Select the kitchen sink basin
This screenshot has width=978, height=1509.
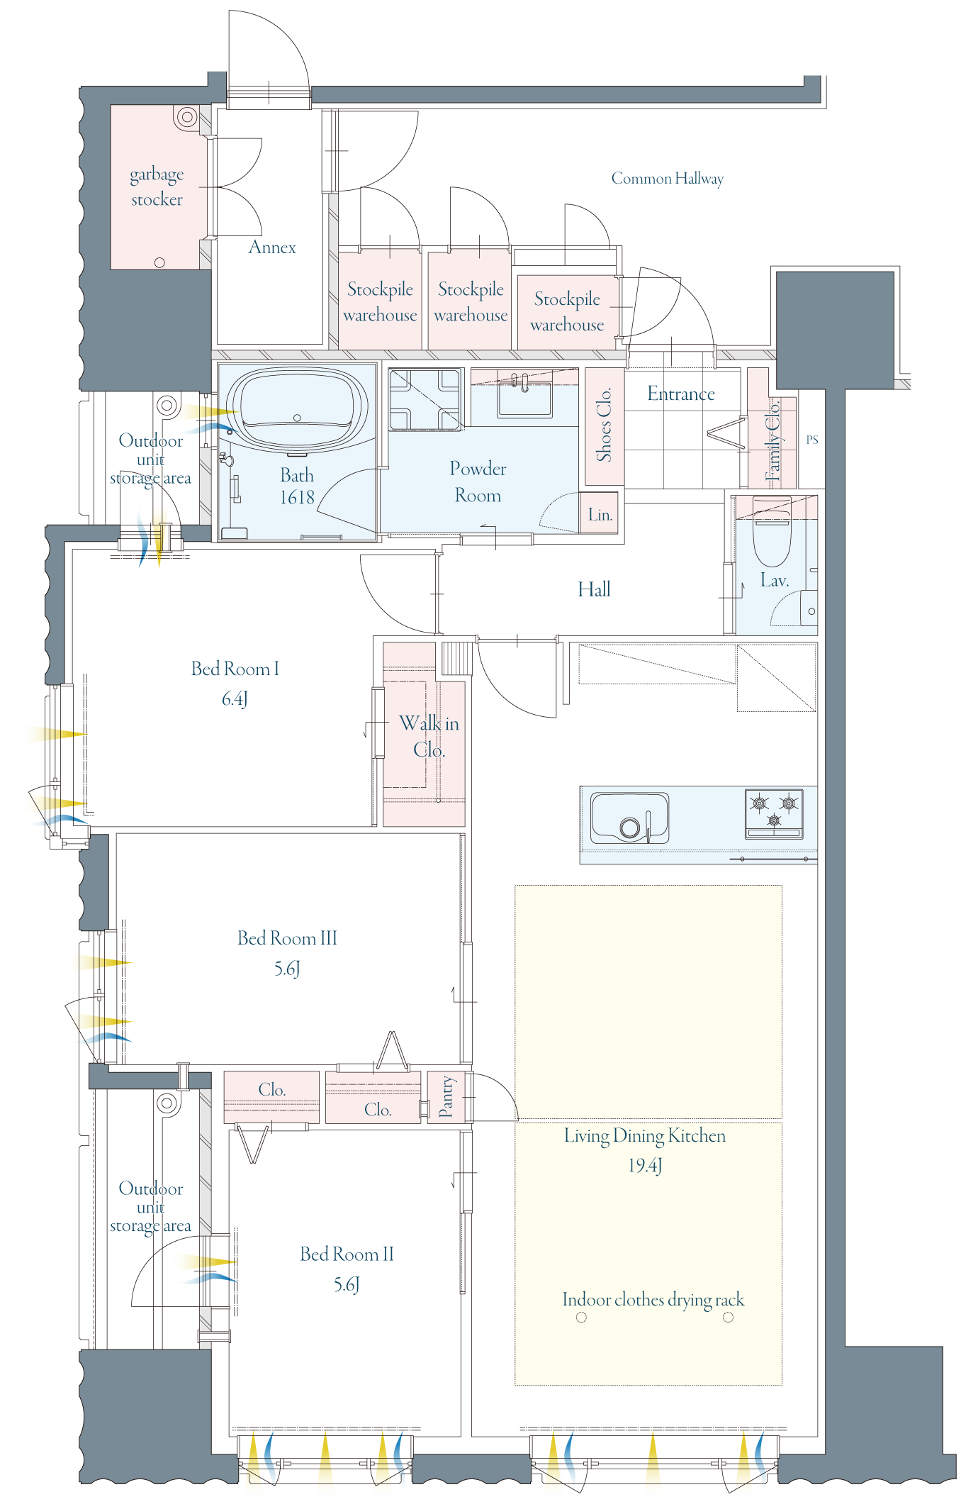tap(630, 818)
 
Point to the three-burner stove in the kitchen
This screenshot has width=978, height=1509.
tap(774, 813)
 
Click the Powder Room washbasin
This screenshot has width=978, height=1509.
tap(524, 399)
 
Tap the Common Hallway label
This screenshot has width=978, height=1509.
tap(668, 179)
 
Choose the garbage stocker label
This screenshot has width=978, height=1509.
tap(157, 187)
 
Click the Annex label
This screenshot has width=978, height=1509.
tap(272, 247)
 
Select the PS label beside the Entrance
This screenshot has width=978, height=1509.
tap(812, 440)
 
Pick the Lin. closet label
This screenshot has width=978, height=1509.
tap(600, 515)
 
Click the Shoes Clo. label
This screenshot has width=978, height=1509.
tap(604, 425)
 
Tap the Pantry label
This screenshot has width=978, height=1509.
tap(446, 1096)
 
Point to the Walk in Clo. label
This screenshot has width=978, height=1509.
tap(429, 736)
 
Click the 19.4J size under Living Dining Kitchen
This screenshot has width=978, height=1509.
tap(645, 1166)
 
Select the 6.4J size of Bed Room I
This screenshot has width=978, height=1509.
tap(235, 699)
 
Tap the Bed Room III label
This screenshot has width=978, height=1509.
tap(287, 938)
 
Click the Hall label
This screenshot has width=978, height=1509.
tap(594, 589)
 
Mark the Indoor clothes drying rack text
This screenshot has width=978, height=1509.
tap(653, 1300)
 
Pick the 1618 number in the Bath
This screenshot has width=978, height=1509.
tap(297, 498)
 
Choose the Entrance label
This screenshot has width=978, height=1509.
tap(681, 394)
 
